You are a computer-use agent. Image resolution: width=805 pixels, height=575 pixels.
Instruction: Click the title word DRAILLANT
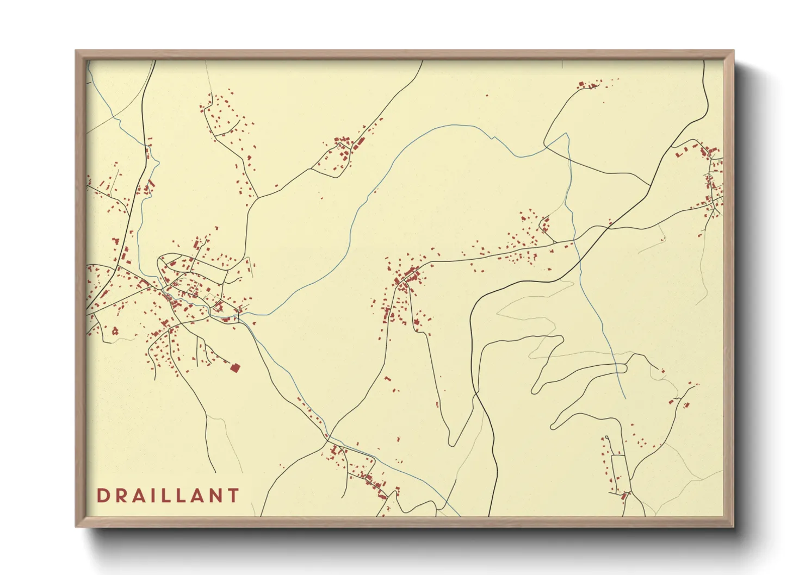coord(168,496)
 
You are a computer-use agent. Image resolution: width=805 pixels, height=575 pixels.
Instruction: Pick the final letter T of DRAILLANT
coord(233,496)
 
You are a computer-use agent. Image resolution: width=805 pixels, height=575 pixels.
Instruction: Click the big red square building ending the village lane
coord(235,368)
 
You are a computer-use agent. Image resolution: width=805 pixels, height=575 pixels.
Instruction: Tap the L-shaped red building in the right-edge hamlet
coord(679,154)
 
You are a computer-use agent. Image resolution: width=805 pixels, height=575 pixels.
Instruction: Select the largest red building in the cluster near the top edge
coord(581,85)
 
